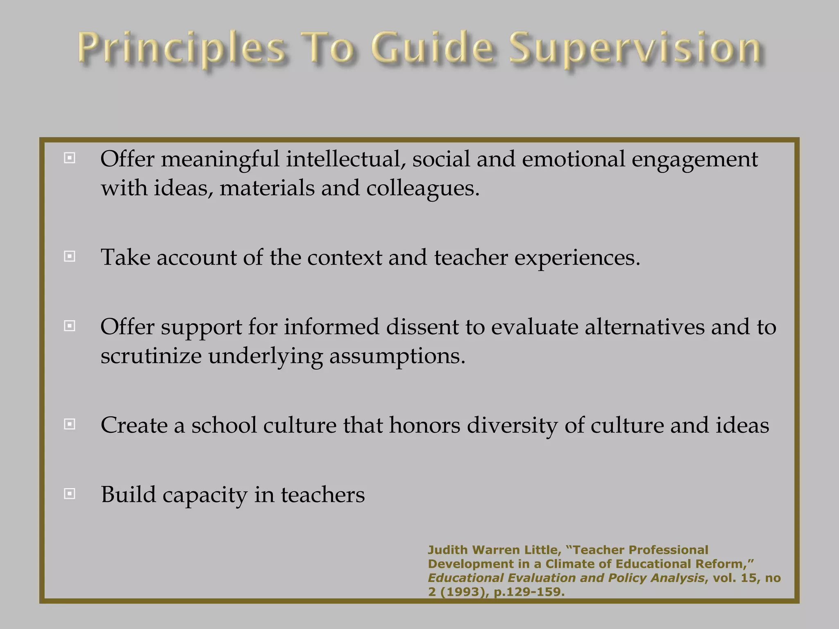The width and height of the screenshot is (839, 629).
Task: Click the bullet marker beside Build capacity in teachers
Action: tap(70, 494)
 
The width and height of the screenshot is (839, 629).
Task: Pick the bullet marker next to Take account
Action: tap(70, 257)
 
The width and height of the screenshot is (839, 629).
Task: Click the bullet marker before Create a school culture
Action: tap(70, 424)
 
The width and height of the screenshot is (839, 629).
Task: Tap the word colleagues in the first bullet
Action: tap(422, 188)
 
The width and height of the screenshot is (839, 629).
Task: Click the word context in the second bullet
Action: tap(344, 258)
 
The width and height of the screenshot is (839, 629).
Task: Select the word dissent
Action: tap(422, 328)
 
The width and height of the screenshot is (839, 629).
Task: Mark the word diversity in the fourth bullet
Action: tap(512, 426)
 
